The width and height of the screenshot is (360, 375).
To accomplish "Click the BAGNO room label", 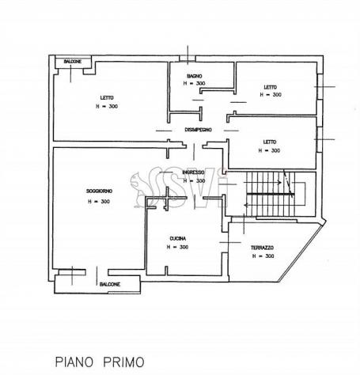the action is [195, 76].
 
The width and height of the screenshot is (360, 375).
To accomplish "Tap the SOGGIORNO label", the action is [99, 191].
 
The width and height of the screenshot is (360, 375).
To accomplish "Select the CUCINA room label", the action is [178, 239].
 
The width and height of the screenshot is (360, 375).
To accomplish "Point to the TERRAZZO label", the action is [262, 248].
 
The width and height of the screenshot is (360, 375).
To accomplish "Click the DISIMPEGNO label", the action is [198, 130].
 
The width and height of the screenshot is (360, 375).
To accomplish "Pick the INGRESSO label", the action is [193, 172].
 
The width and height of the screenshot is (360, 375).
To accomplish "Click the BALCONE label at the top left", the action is [73, 62].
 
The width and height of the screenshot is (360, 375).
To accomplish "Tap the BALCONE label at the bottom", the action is [110, 285].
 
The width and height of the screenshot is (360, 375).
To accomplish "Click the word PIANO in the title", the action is [74, 362].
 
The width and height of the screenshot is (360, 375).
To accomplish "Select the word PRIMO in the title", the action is [123, 362].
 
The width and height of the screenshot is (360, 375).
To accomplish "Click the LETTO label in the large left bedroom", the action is [107, 98].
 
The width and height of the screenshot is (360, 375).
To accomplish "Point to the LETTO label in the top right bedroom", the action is [271, 87].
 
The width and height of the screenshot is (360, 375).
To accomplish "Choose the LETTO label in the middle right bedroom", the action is [270, 142].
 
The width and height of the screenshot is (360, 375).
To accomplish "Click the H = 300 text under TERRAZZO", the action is [263, 256].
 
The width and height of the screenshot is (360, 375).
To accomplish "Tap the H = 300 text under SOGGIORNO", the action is [99, 202].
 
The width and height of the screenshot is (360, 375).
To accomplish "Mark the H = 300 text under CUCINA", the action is [177, 247].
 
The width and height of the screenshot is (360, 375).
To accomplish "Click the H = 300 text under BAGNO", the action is [194, 83].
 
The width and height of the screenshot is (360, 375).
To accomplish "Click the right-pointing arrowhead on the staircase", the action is [279, 182].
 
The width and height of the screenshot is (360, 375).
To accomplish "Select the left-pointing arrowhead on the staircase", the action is [246, 205].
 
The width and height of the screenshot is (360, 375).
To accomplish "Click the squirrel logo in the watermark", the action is [139, 189].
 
